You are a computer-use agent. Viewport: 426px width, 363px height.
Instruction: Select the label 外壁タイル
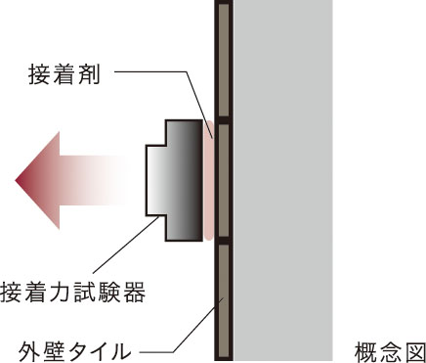[x=73, y=347]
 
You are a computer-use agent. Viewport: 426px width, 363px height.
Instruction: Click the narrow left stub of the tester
[x=154, y=180]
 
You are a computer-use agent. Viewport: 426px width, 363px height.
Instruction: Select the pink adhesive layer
[x=208, y=180]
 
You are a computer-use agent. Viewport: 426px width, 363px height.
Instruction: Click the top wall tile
[x=224, y=59]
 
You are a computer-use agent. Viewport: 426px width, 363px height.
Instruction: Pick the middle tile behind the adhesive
[x=224, y=180]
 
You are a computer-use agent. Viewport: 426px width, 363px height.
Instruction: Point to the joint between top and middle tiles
[x=224, y=119]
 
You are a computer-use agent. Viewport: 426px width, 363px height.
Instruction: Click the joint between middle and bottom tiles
[x=224, y=241]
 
